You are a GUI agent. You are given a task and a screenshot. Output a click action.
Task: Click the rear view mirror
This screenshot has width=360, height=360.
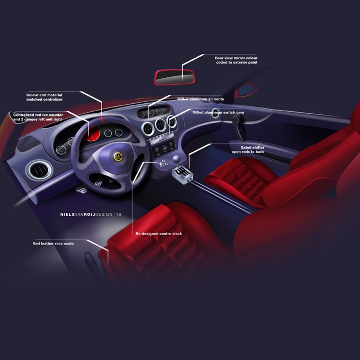click(x=174, y=77)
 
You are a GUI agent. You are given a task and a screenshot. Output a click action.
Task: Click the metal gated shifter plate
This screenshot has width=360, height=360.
click(x=183, y=173)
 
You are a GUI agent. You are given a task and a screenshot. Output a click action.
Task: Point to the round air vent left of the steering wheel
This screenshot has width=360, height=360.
click(x=41, y=170)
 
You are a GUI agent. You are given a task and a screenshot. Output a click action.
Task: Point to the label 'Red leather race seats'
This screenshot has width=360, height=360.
click(x=53, y=244)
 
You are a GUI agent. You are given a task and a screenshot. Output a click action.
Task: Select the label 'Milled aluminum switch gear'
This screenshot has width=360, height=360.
click(x=218, y=112)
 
